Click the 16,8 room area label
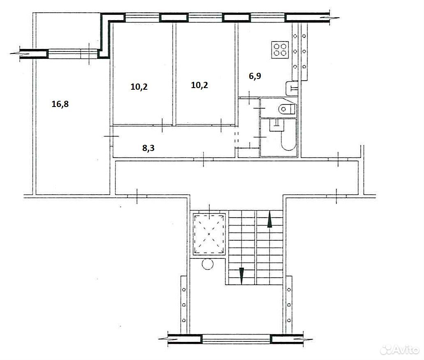pyautogui.click(x=60, y=104)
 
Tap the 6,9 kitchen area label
pyautogui.click(x=255, y=76)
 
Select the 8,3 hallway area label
pyautogui.click(x=148, y=148)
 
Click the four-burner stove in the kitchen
pyautogui.click(x=280, y=49)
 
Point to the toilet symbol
pyautogui.click(x=287, y=109)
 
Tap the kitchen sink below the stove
pyautogui.click(x=292, y=88)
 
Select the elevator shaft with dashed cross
pyautogui.click(x=209, y=234)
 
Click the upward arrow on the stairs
pyautogui.click(x=270, y=219)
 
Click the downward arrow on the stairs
pyautogui.click(x=241, y=276)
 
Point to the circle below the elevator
pyautogui.click(x=208, y=264)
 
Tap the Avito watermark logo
pyautogui.click(x=399, y=350)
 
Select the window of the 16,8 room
pyautogui.click(x=73, y=54)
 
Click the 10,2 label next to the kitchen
pyautogui.click(x=199, y=85)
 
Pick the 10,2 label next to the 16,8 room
pyautogui.click(x=139, y=87)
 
